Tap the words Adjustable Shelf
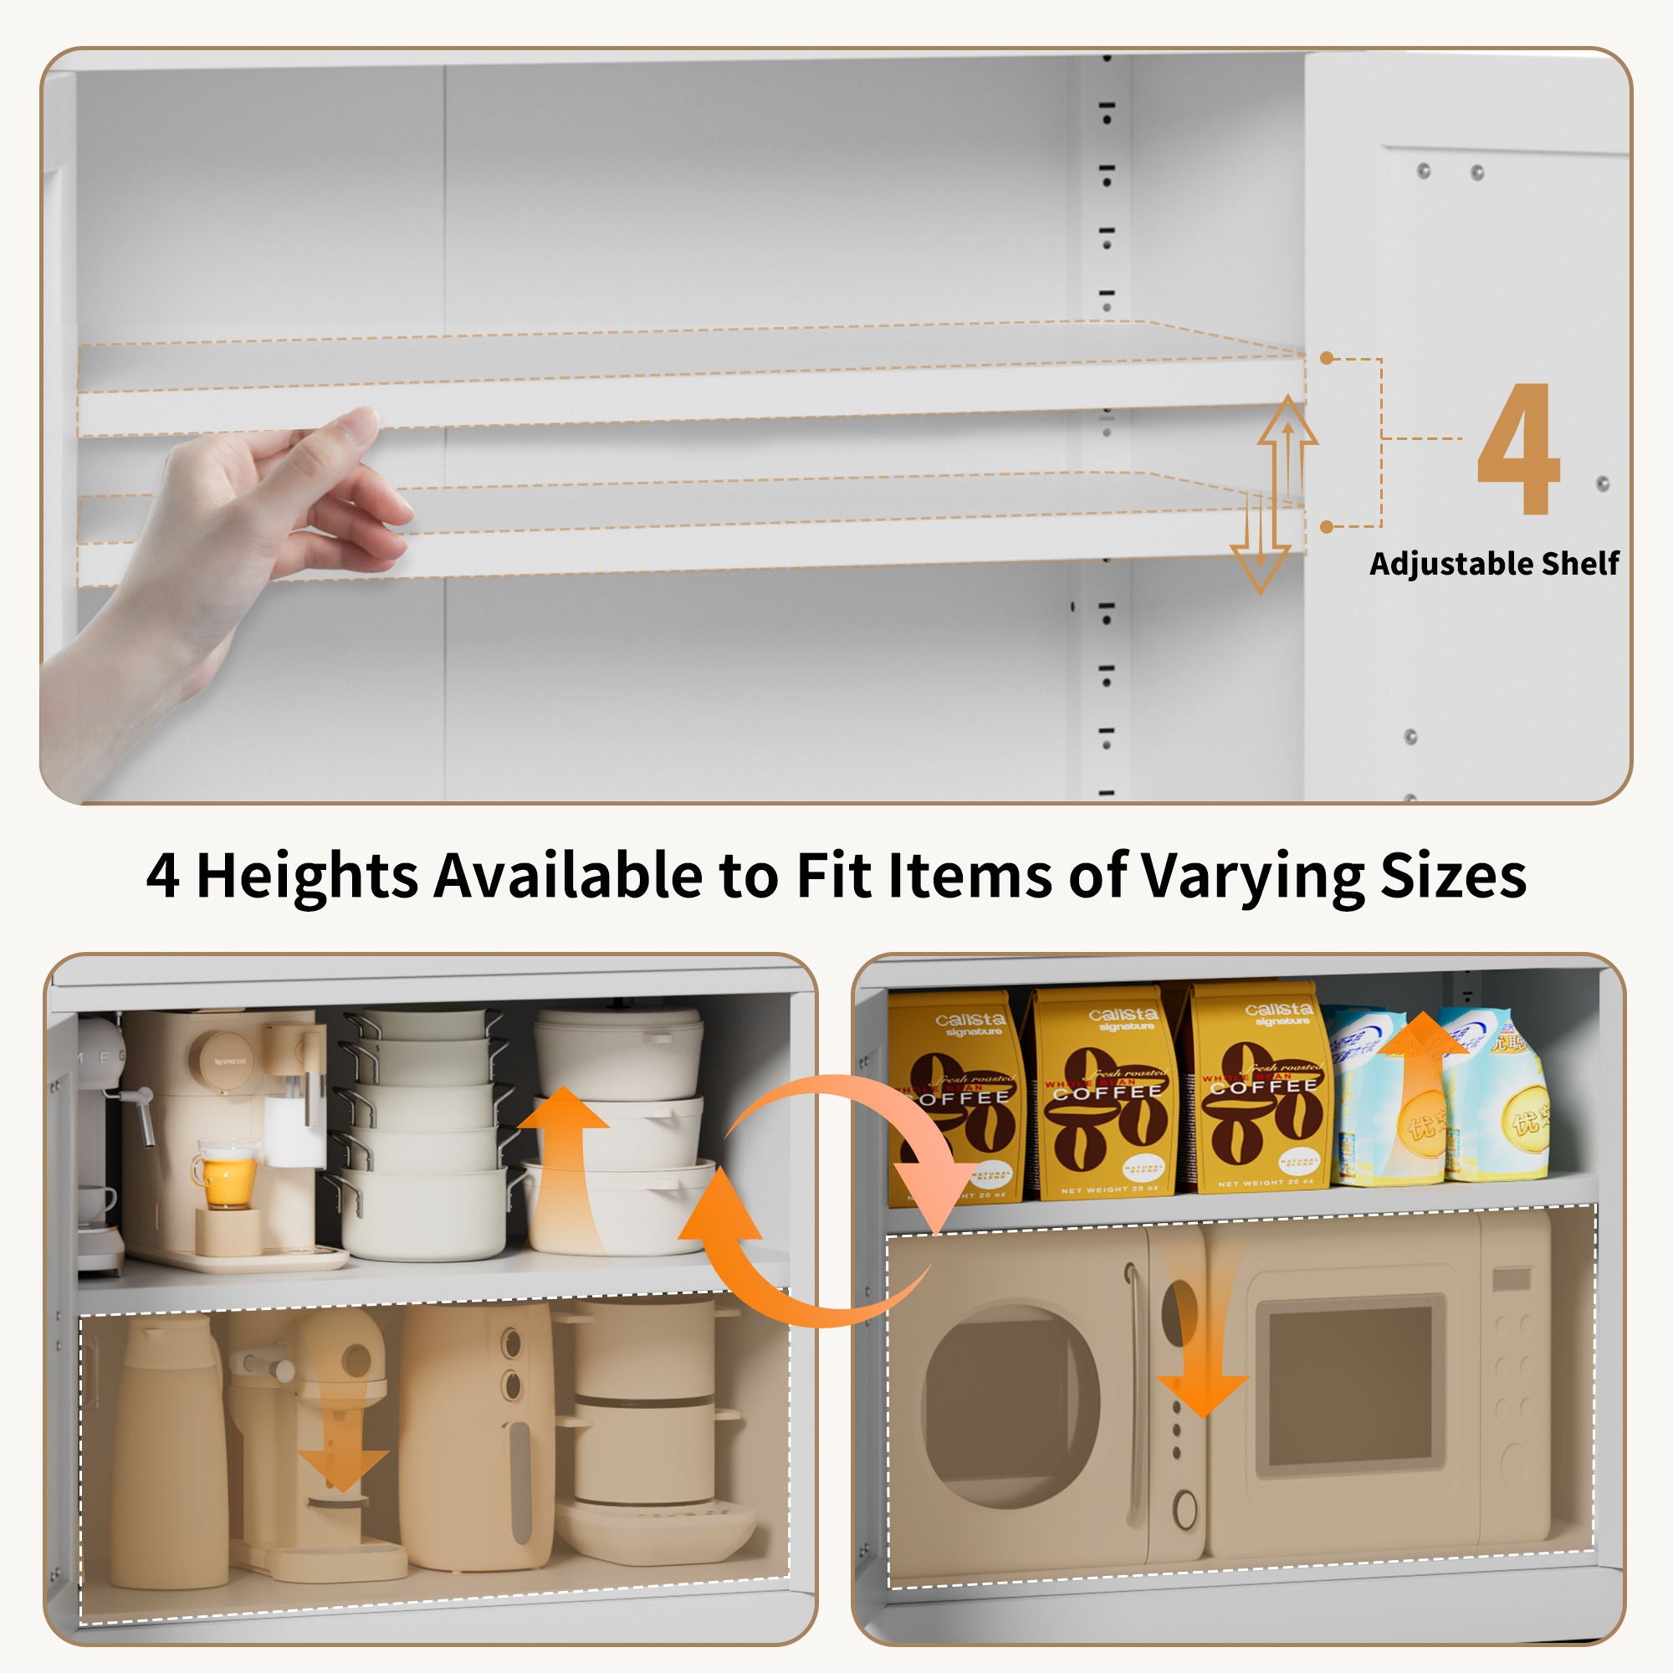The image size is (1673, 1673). tap(1494, 564)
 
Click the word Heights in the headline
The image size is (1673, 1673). tap(307, 876)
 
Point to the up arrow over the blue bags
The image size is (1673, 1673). tap(1420, 1074)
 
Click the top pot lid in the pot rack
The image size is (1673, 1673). tap(424, 1022)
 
